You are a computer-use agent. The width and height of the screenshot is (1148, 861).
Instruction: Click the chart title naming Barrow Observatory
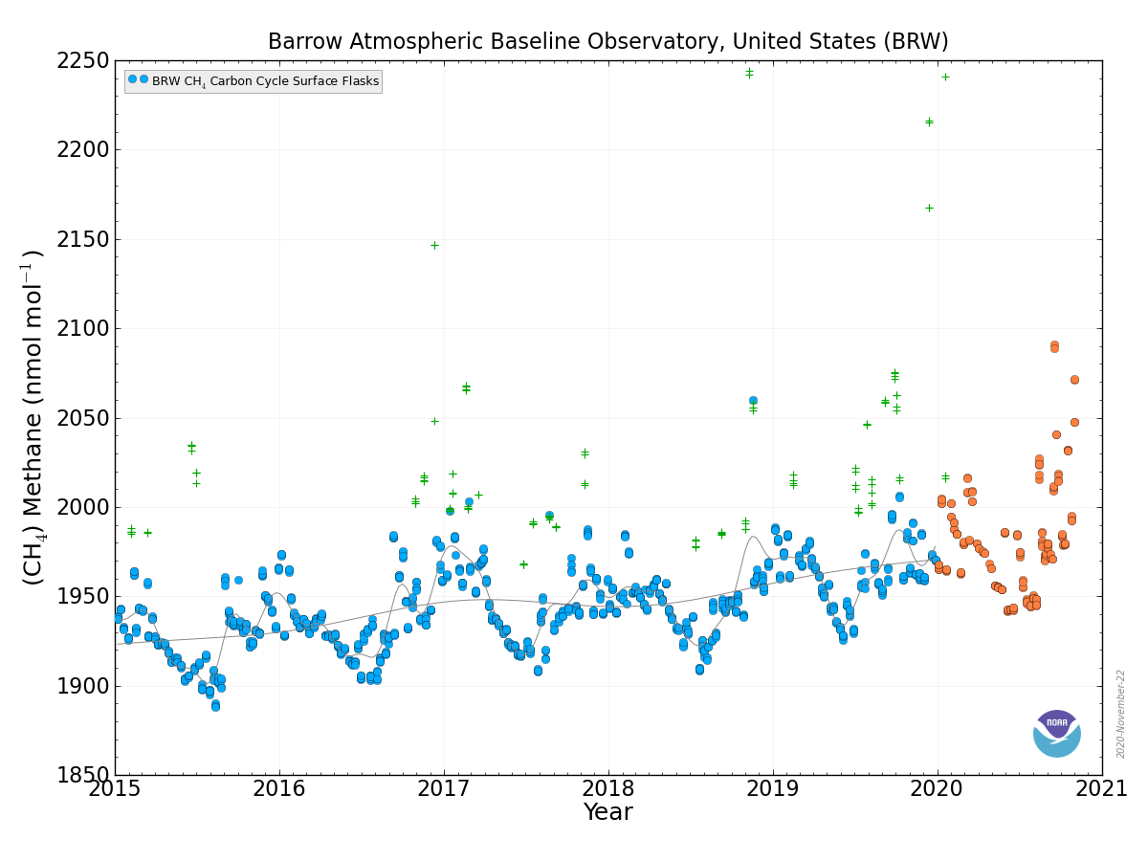[607, 41]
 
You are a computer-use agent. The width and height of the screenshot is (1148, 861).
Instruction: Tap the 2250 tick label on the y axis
[82, 61]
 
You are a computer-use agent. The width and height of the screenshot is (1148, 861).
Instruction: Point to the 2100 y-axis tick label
[82, 329]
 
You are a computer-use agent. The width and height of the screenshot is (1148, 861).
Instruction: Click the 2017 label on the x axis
[444, 788]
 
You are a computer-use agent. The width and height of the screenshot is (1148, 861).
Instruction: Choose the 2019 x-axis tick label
[772, 788]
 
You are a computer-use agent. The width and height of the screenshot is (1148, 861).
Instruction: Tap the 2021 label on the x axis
[1101, 788]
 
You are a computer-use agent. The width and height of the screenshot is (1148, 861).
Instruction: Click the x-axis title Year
[607, 812]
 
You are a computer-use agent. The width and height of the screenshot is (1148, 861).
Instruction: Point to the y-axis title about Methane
[33, 418]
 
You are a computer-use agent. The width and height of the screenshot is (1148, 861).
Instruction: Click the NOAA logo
[1056, 733]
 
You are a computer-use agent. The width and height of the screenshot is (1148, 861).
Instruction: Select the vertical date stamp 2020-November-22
[1119, 714]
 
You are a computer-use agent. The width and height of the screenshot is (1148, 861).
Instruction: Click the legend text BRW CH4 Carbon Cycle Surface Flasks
[265, 81]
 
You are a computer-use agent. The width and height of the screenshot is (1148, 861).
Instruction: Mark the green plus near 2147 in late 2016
[434, 245]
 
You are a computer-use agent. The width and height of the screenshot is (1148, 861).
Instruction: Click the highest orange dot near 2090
[1054, 346]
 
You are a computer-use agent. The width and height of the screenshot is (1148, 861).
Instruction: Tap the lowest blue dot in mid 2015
[215, 706]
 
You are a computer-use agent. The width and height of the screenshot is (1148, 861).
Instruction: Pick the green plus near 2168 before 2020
[929, 208]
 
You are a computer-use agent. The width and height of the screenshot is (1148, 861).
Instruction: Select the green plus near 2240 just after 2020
[945, 77]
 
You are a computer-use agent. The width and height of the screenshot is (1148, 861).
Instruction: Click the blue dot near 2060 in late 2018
[753, 401]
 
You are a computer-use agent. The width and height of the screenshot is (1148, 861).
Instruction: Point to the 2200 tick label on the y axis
[82, 150]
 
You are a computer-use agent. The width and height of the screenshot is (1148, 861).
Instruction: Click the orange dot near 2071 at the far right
[1074, 380]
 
